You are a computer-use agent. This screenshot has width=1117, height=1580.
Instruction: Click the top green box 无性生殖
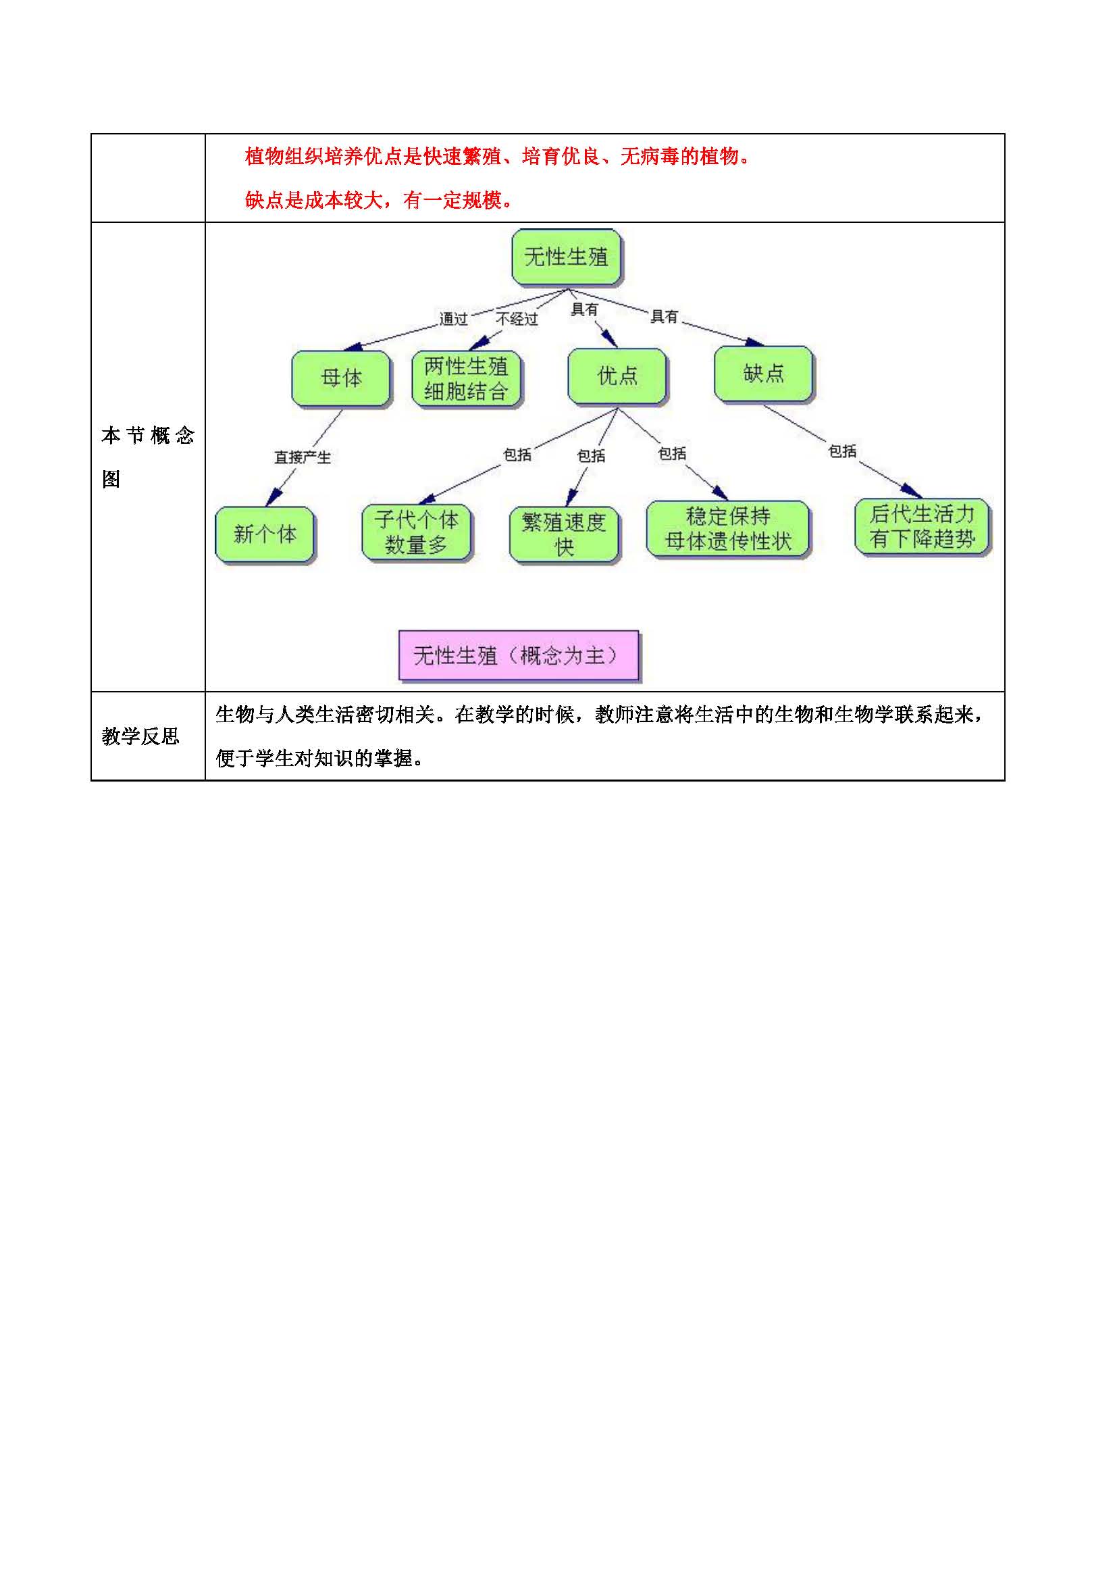(566, 257)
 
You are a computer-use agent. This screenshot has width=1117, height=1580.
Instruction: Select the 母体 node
(341, 378)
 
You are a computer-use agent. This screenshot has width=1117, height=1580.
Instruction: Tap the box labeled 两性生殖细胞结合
(466, 379)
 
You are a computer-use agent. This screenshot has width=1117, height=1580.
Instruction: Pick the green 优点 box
(617, 376)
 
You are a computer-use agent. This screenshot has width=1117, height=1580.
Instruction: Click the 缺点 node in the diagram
(764, 374)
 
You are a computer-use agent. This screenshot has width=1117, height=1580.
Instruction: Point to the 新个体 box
(265, 534)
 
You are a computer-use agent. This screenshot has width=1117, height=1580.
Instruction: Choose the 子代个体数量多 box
(416, 532)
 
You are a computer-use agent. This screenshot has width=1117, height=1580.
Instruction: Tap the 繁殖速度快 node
(563, 535)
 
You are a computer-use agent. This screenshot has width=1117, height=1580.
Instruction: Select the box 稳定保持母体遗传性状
(728, 528)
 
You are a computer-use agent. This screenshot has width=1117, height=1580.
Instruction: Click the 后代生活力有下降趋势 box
(922, 526)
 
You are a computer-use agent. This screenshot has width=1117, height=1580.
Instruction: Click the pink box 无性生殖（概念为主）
(519, 656)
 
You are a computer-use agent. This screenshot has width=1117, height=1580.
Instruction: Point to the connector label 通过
(453, 320)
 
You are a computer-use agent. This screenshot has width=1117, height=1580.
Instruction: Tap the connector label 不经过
(517, 320)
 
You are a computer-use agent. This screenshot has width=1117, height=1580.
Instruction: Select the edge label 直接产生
(303, 457)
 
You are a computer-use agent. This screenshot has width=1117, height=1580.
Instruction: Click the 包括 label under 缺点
(842, 451)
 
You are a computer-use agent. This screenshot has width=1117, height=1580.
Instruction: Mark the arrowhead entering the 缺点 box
(754, 342)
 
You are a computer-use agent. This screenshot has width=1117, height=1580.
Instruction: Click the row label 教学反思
(140, 736)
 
